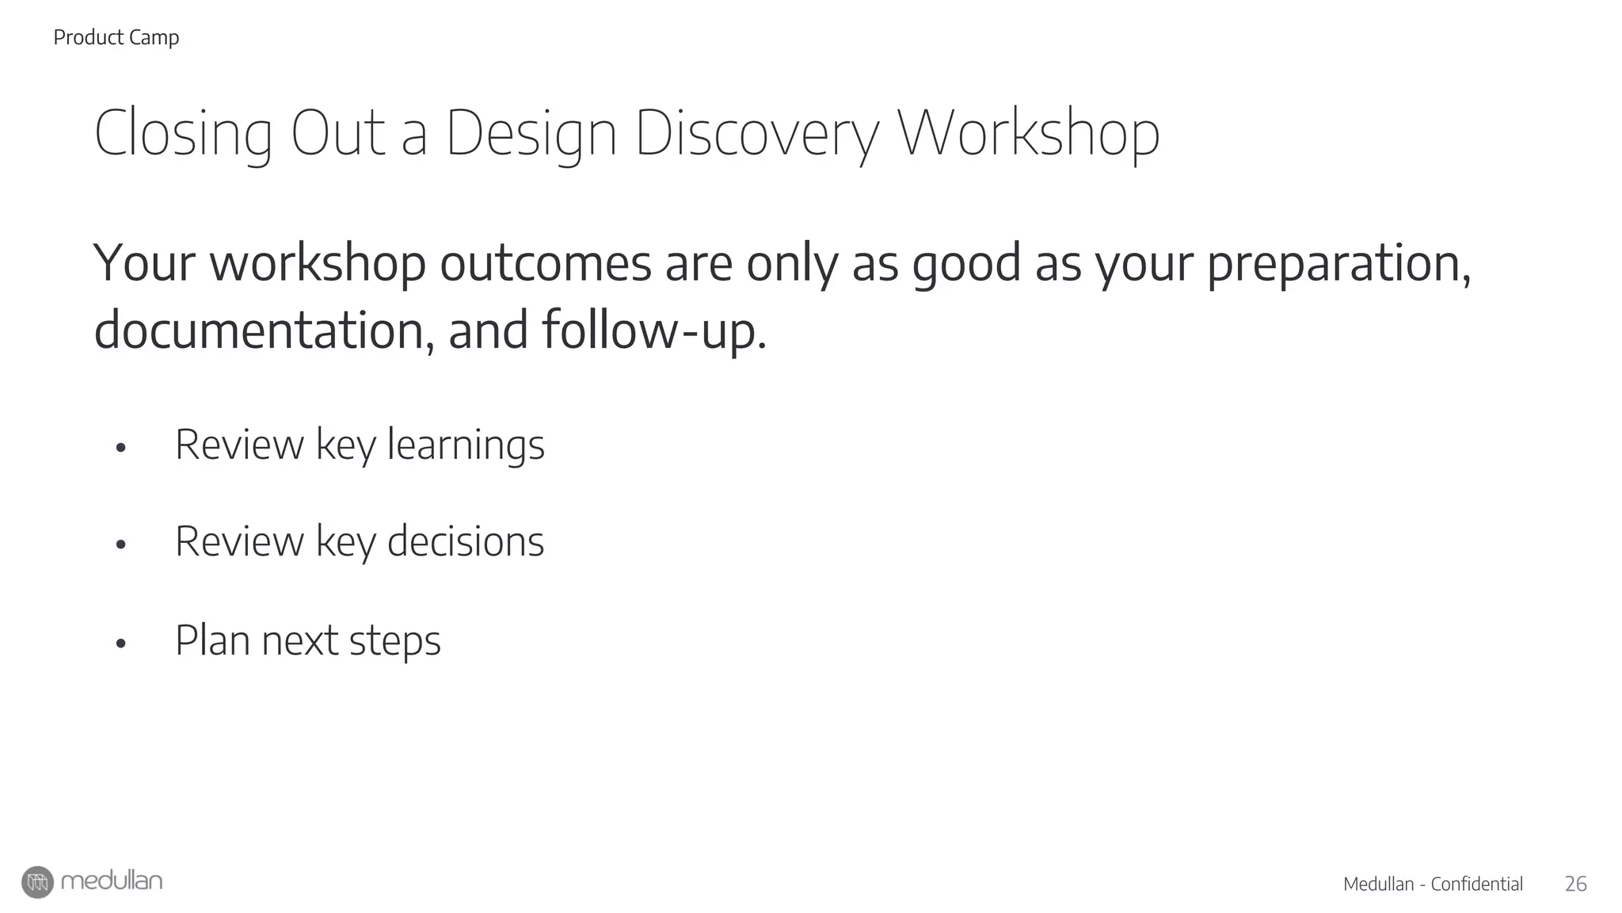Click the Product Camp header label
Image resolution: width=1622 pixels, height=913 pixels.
click(x=116, y=37)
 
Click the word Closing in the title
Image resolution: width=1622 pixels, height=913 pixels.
click(x=183, y=135)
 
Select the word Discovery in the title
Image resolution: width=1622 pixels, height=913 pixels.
click(x=756, y=135)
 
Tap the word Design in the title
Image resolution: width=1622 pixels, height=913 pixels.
click(x=531, y=135)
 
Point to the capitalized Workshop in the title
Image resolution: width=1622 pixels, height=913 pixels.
click(x=1028, y=135)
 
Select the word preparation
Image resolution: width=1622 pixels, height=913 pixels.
click(x=1338, y=265)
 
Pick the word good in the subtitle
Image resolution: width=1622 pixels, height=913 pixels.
click(x=965, y=265)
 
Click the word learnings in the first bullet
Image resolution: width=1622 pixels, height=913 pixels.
click(x=466, y=445)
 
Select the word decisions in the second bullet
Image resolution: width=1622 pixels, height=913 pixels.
click(x=466, y=542)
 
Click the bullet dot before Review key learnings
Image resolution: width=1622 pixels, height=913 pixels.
click(x=120, y=448)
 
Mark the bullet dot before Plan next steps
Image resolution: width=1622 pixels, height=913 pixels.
click(x=120, y=644)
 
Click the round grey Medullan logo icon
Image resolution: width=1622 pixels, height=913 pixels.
click(x=37, y=882)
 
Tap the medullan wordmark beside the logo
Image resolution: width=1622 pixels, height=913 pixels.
click(x=112, y=881)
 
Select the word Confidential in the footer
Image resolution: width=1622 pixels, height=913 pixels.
click(x=1477, y=884)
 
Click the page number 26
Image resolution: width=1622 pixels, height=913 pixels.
click(x=1575, y=884)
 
